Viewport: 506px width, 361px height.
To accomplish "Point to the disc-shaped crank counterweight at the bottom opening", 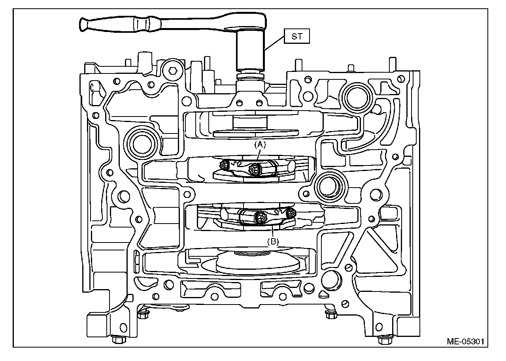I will coord(257,263).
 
